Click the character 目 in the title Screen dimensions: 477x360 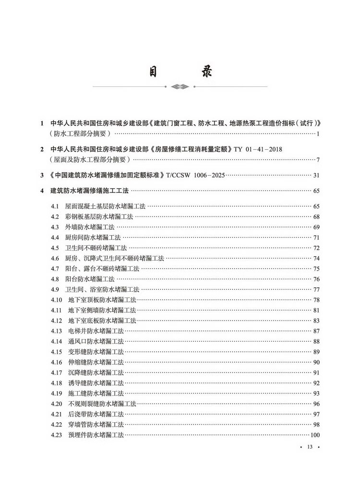(x=153, y=72)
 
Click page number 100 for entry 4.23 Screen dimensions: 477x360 (x=315, y=435)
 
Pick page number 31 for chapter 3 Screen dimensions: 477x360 (x=316, y=175)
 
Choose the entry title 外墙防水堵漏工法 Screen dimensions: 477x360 (x=90, y=227)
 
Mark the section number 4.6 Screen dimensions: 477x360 (x=54, y=258)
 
